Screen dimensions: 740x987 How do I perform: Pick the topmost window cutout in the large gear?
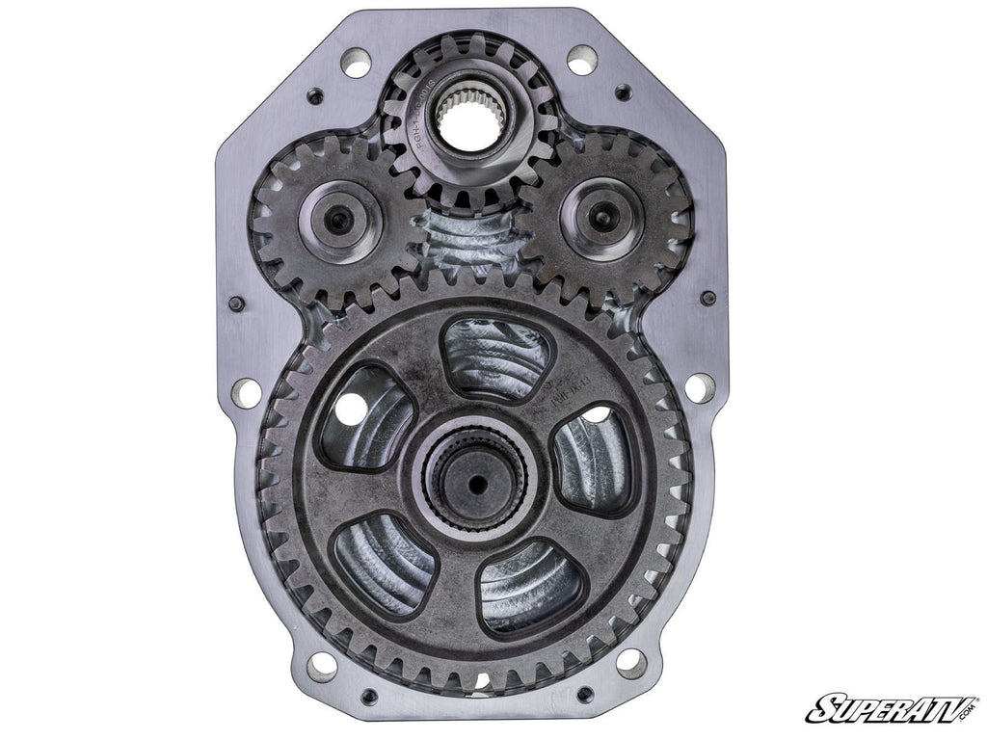point(495,358)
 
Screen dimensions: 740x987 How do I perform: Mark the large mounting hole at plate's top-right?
point(580,63)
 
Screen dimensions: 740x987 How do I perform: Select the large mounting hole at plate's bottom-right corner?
point(630,662)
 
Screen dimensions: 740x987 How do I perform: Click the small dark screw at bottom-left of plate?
point(368,696)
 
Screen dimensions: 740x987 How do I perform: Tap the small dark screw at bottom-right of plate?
point(584,694)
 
